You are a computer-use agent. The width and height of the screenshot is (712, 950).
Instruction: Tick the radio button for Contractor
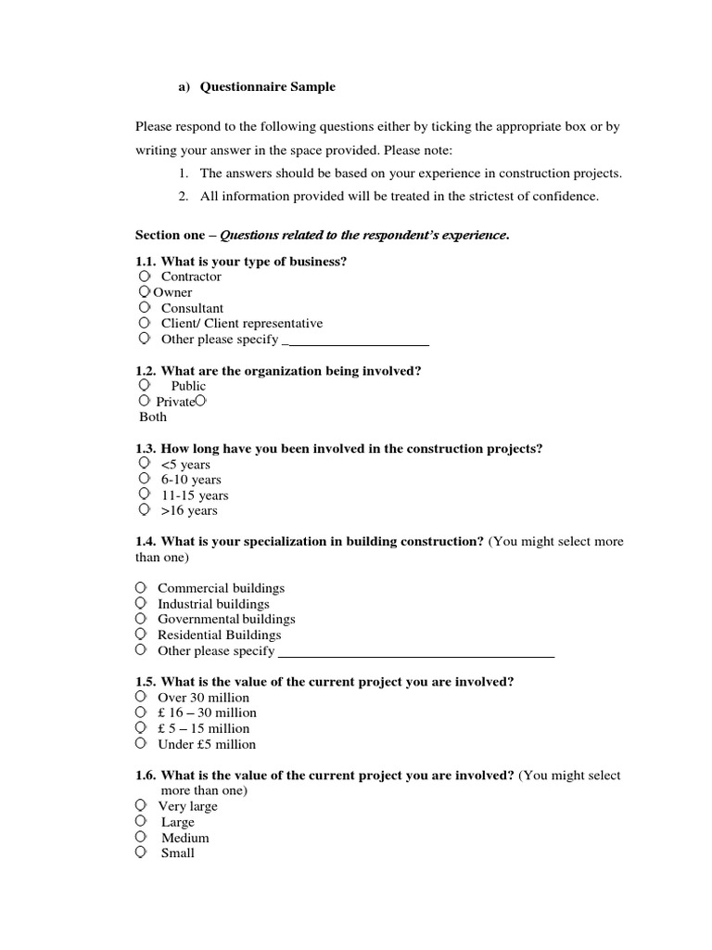point(144,276)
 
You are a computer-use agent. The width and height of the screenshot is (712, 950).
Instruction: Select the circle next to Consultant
point(144,307)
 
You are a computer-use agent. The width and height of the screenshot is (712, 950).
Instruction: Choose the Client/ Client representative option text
point(241,324)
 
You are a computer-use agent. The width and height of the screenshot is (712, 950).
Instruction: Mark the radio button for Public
point(144,385)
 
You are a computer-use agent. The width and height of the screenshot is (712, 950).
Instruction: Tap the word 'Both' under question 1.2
point(153,417)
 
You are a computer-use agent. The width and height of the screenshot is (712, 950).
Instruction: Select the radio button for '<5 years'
point(144,463)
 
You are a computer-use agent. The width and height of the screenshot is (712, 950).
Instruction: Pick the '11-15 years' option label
point(195,495)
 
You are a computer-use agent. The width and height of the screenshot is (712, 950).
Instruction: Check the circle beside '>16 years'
point(144,510)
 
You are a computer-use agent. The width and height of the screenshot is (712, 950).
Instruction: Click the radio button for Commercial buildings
point(140,588)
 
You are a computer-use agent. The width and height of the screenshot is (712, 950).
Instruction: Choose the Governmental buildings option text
point(226,619)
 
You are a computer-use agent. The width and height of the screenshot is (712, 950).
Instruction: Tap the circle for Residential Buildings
point(140,635)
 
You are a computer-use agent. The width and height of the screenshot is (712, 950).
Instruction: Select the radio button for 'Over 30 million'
point(140,697)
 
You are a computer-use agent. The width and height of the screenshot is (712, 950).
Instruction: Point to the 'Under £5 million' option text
point(207,744)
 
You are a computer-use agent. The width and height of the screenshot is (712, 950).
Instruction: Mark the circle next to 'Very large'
point(140,805)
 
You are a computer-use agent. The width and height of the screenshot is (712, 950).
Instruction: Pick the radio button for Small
point(140,853)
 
